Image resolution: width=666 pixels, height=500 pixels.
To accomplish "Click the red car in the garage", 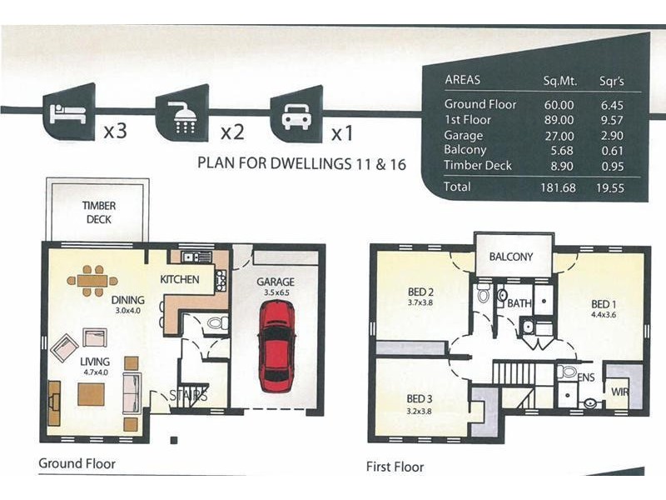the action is pos(276,346).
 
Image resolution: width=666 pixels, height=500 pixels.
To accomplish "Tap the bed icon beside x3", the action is pos(68,113).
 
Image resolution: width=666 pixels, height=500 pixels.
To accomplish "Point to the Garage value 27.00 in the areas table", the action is pos(559,136).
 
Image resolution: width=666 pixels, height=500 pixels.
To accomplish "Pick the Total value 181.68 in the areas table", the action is pos(558,187).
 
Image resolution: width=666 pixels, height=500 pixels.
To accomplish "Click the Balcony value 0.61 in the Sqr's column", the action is pos(612,151).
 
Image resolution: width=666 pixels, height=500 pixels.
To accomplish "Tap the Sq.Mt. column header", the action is pos(560,81).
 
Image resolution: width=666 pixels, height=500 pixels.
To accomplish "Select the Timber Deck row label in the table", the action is pos(478,165).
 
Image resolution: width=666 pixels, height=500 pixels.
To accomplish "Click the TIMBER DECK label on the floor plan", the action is pos(99,212).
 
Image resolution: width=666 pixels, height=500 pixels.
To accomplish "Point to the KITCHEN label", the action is pos(180,279).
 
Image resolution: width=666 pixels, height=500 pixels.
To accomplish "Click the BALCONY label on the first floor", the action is pos(511,257).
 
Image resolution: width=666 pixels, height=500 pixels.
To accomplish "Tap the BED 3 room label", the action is pos(420,399).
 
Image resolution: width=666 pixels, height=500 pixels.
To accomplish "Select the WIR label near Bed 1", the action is pos(619,392).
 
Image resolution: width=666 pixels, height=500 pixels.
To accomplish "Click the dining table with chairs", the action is pos(92,281).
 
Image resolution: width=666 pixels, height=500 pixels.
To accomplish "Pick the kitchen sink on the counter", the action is pos(196,257).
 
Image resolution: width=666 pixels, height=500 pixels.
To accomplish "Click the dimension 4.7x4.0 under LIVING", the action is pos(96,372).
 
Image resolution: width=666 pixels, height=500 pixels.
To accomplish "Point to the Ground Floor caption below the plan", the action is pos(77,463).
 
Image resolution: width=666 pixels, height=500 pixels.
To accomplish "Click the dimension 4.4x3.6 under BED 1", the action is pos(604,315).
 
